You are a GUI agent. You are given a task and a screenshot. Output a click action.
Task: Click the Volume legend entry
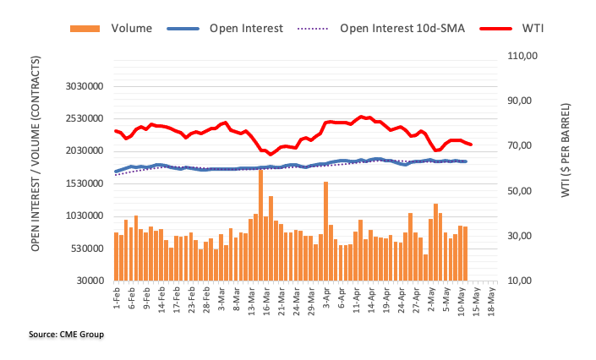point(131,28)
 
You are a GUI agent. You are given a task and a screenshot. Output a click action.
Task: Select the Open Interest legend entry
point(246,28)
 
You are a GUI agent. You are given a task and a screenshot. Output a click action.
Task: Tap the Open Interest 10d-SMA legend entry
point(401,28)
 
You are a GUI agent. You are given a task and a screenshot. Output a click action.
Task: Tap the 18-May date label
point(493,300)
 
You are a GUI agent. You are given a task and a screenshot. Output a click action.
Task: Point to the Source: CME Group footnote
point(67,335)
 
